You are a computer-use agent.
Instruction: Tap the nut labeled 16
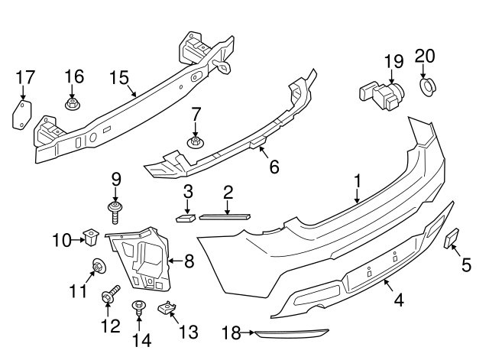pyautogui.click(x=73, y=103)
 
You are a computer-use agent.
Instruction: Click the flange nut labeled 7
pyautogui.click(x=196, y=141)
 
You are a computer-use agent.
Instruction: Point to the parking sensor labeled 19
pyautogui.click(x=381, y=92)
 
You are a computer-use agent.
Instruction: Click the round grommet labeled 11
pyautogui.click(x=98, y=267)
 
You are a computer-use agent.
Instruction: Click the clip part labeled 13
pyautogui.click(x=167, y=309)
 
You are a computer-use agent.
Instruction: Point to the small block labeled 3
pyautogui.click(x=186, y=217)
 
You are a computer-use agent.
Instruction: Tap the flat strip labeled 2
pyautogui.click(x=225, y=216)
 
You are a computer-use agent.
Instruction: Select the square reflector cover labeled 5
pyautogui.click(x=451, y=239)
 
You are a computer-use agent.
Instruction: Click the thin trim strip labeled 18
pyautogui.click(x=290, y=333)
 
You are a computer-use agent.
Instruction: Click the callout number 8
pyautogui.click(x=189, y=261)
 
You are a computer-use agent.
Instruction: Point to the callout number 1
pyautogui.click(x=357, y=182)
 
